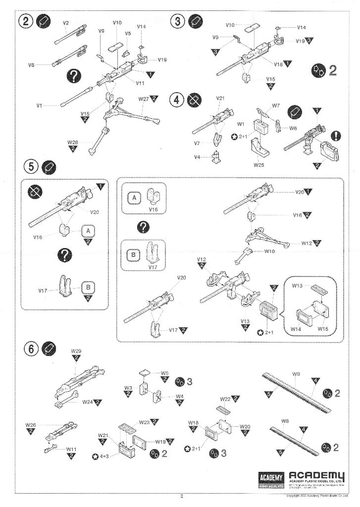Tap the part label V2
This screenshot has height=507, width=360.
[66, 23]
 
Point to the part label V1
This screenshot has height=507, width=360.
[39, 105]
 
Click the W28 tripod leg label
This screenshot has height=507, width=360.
[72, 142]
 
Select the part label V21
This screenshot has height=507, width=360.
[221, 99]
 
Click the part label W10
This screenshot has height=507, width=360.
[269, 251]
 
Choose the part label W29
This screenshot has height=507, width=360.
[76, 351]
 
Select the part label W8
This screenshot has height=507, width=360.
[285, 421]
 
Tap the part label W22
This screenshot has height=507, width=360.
[225, 399]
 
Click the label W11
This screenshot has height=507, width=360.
[71, 449]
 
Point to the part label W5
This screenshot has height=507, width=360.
[164, 373]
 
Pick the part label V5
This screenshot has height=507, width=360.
[128, 34]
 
